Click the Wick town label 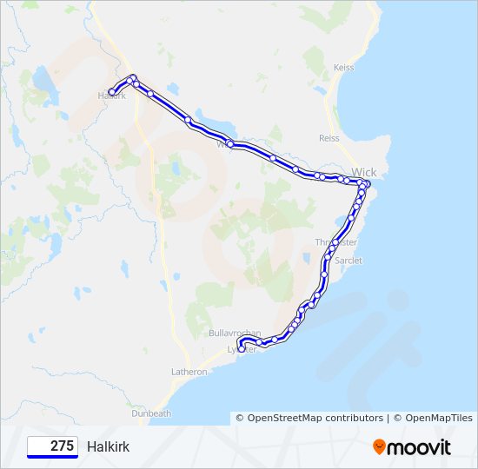point(364,173)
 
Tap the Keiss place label point(344,67)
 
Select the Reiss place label point(329,137)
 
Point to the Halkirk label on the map point(112,96)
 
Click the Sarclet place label point(349,260)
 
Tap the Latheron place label point(189,372)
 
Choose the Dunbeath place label point(151,414)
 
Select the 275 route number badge point(52,446)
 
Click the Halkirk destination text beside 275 point(108,446)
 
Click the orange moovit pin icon point(379,447)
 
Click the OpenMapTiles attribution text point(435,419)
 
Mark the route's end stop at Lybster point(241,349)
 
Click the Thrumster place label point(335,242)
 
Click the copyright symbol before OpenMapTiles point(397,419)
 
